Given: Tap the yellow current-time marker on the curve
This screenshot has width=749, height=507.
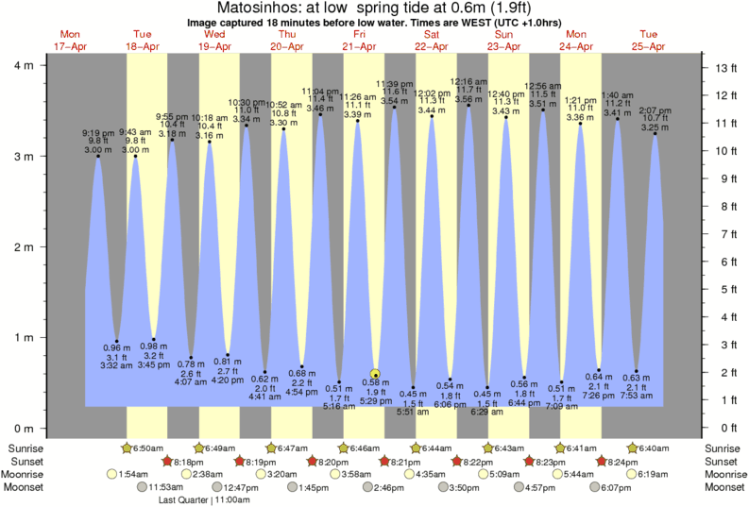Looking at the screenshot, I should click(376, 374).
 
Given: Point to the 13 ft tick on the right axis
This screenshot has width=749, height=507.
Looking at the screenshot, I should click(727, 68).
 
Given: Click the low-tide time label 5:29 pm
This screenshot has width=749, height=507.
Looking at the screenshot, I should click(376, 401).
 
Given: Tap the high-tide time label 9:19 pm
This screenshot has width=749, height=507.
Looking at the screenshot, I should click(97, 132).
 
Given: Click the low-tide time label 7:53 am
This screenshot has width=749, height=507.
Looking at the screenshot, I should click(638, 397).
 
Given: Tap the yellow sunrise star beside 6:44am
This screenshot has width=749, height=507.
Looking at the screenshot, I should click(417, 447).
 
